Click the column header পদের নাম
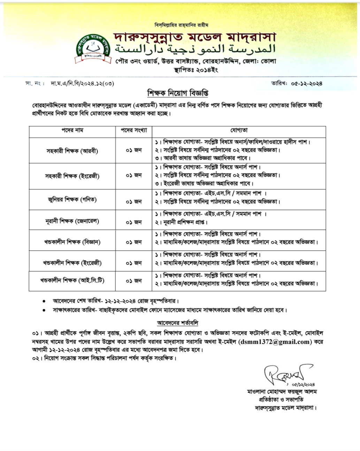[72, 130]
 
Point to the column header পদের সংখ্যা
[134, 130]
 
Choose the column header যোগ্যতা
[239, 130]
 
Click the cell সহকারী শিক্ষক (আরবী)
[72, 151]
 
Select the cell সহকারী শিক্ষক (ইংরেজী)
[72, 176]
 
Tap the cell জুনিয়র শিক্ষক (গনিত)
[72, 200]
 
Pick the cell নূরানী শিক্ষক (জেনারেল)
[72, 221]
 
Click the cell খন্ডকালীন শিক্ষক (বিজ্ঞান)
[72, 242]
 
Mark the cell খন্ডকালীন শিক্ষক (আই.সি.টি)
[72, 280]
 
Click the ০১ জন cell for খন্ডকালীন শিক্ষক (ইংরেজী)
[134, 263]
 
